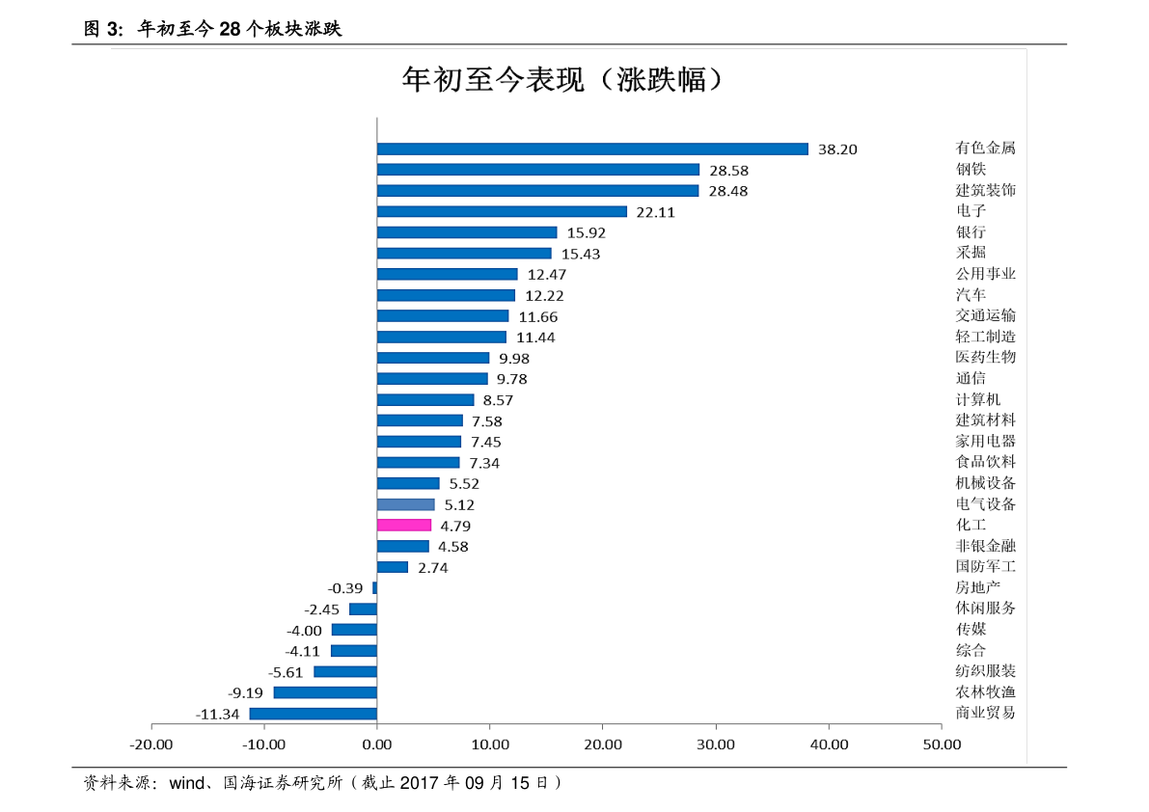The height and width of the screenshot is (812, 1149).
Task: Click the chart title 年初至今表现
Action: pos(562,79)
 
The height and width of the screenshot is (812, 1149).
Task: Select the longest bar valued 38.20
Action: pos(592,149)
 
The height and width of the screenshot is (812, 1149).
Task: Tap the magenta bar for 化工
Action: pos(404,526)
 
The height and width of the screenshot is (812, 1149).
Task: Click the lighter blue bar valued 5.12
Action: pos(406,504)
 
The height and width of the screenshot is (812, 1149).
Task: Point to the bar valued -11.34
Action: pos(314,714)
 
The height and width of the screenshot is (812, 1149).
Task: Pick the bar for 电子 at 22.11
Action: pos(502,211)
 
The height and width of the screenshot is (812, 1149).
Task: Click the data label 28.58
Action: pos(728,171)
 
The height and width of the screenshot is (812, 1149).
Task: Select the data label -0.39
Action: pos(345,588)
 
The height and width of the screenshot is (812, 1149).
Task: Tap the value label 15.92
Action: pos(586,232)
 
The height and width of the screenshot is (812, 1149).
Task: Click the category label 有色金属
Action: pos(985,148)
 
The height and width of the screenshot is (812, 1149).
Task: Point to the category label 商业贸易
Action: pos(985,713)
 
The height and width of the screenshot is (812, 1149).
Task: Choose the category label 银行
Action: pos(971,231)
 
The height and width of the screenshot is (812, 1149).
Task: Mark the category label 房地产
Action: pos(977,587)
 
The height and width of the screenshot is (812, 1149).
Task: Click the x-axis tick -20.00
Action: pos(151,744)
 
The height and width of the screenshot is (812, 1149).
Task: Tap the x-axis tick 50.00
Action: pos(942,744)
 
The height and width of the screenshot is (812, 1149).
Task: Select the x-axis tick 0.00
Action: pos(377,744)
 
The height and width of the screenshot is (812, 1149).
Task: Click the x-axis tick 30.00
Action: pos(716,744)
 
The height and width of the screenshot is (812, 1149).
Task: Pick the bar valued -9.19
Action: pos(325,692)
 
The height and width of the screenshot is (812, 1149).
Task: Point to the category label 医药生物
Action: pos(985,357)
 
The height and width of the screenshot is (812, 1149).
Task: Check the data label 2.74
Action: pos(432,568)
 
